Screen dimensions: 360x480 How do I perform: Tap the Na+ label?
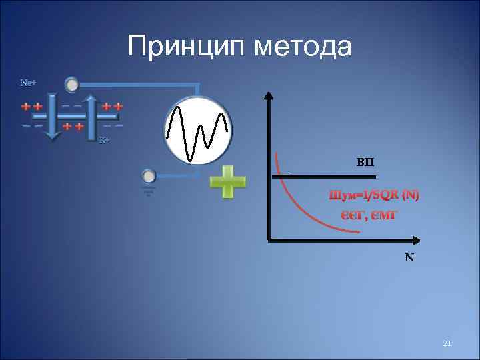click(27, 83)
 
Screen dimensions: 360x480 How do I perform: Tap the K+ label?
click(104, 140)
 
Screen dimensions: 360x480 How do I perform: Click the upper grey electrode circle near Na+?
click(71, 85)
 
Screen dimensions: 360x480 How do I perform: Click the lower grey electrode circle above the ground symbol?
click(149, 176)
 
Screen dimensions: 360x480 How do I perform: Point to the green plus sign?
click(227, 181)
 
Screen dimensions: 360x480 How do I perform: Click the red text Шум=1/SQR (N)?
click(374, 195)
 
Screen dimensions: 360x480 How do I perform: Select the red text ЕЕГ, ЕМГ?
click(365, 214)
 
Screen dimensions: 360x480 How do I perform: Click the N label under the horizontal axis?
click(409, 257)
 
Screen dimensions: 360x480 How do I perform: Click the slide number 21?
click(447, 343)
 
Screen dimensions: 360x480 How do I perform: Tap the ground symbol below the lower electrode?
click(149, 191)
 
